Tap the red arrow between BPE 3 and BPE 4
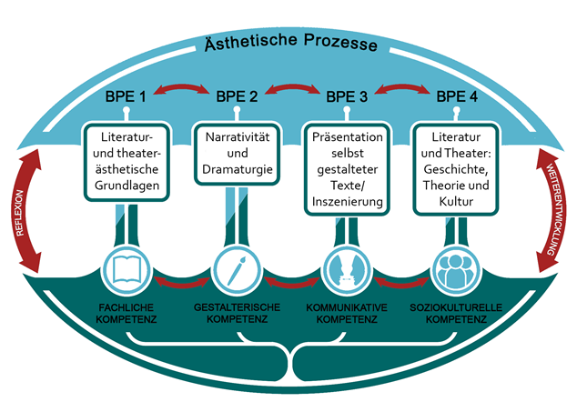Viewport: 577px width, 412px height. click(x=401, y=88)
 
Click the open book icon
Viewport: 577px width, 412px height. click(x=127, y=269)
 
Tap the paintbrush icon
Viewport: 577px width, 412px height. click(x=236, y=269)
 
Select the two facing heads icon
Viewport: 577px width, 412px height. click(x=345, y=269)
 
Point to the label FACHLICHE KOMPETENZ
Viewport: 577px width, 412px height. click(x=127, y=314)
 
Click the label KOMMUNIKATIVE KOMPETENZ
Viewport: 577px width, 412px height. click(x=346, y=314)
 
